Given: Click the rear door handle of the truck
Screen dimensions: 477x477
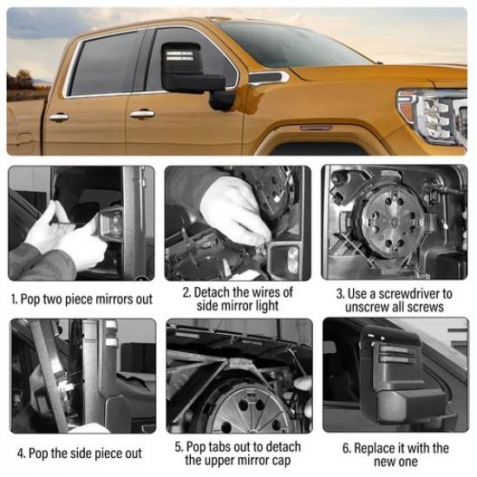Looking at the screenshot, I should [x=58, y=117].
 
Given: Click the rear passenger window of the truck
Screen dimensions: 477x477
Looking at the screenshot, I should [x=102, y=63].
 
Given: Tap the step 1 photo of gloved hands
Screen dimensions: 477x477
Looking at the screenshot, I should [x=82, y=223].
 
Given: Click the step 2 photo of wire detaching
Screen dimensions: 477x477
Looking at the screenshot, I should [x=238, y=223].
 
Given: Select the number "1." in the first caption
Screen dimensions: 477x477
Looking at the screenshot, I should [x=15, y=299].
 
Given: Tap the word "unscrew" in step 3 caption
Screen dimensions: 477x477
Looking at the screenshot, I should [x=361, y=308].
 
